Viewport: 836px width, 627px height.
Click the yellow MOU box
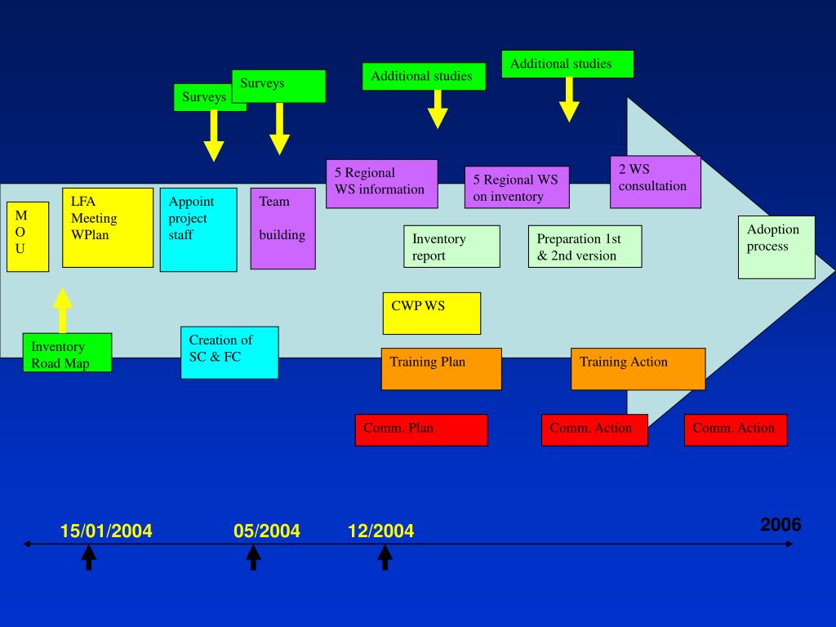click(x=27, y=236)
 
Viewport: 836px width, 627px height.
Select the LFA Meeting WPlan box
click(x=108, y=228)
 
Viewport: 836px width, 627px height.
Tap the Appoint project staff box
click(x=198, y=229)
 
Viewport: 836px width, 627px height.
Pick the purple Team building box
click(x=282, y=228)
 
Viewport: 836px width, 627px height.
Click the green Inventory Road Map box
click(x=67, y=353)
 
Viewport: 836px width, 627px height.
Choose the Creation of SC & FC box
click(x=229, y=353)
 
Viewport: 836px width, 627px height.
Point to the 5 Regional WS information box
click(x=381, y=183)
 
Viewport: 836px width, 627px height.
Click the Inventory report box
click(x=451, y=247)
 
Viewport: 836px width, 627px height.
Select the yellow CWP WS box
click(x=432, y=313)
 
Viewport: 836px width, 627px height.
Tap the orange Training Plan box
click(x=441, y=369)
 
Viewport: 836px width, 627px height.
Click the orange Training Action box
click(x=638, y=369)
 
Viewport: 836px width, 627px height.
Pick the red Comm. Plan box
click(x=421, y=429)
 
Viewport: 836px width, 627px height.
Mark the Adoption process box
click(x=776, y=247)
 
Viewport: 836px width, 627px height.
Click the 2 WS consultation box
click(x=656, y=181)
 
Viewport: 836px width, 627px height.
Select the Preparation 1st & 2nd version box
click(x=585, y=247)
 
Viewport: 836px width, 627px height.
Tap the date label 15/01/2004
click(x=106, y=531)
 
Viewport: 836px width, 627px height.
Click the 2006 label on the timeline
click(x=780, y=525)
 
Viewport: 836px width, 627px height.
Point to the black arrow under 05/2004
click(x=254, y=558)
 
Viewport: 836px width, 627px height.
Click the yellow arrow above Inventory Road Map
click(x=62, y=310)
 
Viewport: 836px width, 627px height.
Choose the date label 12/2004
click(x=380, y=531)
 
